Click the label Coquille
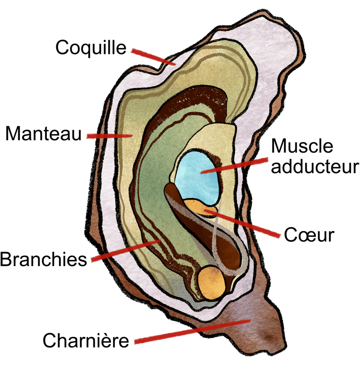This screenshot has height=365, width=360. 91,47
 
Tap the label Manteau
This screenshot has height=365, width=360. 44,135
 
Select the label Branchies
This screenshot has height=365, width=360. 44,259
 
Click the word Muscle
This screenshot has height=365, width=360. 303,146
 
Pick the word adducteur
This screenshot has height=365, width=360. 315,166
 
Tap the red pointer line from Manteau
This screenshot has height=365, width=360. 109,136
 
